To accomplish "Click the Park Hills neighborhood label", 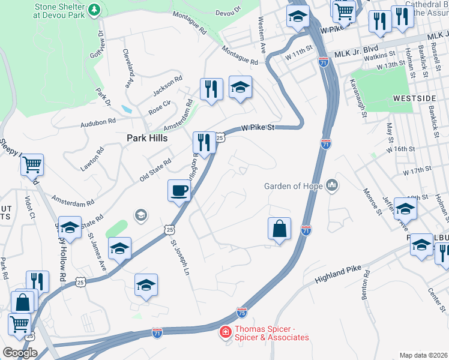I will pos(146,137).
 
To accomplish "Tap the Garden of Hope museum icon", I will pos(331,186).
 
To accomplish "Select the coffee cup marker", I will pos(178,191).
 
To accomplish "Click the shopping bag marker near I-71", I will pos(279,229).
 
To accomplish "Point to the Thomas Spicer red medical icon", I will pos(225,332).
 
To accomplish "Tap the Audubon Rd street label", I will pos(98,122).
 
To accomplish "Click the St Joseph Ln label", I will pos(176,258).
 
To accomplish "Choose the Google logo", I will pos(20,353).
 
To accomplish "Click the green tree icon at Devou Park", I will pos(94,10).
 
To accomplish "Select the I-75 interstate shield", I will pos(242,313).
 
